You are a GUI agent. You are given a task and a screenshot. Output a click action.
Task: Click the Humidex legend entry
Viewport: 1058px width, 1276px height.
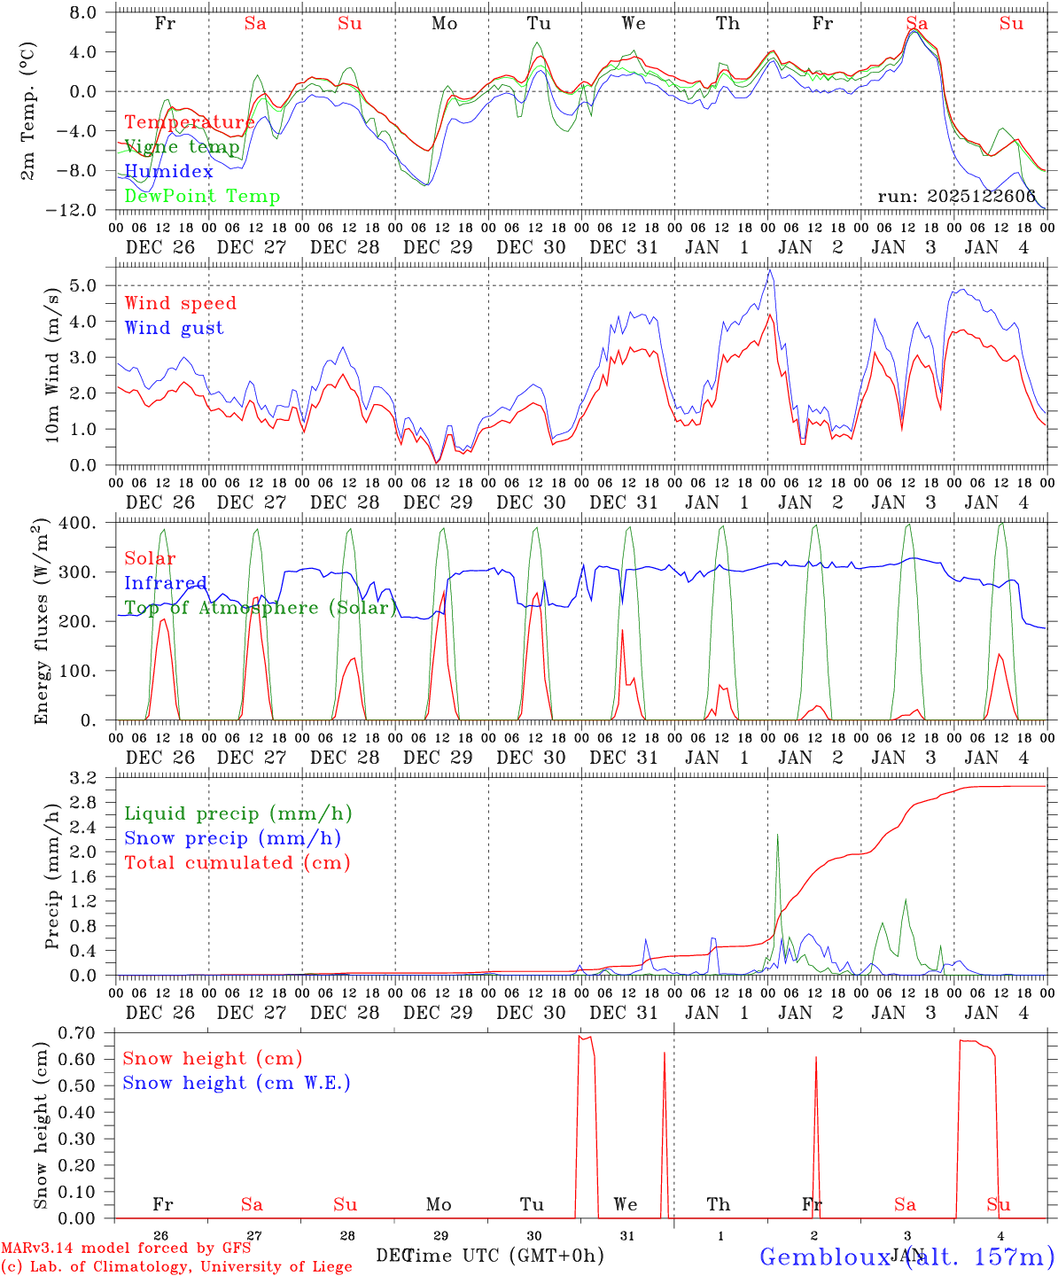click(x=168, y=172)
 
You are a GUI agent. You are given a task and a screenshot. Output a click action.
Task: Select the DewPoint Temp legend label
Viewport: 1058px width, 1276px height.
click(x=202, y=197)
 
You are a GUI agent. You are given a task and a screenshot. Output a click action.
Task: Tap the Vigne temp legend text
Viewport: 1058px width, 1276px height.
click(x=182, y=147)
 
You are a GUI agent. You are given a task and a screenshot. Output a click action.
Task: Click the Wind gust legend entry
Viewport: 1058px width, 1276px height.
click(x=174, y=328)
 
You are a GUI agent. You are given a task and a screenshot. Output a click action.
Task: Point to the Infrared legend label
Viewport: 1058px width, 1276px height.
click(x=166, y=583)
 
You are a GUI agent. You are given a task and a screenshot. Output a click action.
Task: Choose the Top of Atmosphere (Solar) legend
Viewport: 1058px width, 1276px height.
click(x=261, y=608)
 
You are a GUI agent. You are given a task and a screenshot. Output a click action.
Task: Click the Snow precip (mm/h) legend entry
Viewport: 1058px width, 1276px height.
click(x=232, y=838)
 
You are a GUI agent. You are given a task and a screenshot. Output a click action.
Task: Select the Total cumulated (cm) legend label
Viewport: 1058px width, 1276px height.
click(x=237, y=863)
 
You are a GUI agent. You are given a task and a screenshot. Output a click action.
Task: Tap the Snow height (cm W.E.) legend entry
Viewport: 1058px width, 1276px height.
click(x=237, y=1083)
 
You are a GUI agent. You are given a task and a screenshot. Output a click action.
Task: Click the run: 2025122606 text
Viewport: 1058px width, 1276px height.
click(x=956, y=197)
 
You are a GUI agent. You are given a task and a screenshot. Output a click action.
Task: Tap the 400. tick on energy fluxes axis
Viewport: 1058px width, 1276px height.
click(x=81, y=524)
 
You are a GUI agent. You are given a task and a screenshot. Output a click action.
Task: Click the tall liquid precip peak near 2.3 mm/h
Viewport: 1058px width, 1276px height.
click(x=777, y=835)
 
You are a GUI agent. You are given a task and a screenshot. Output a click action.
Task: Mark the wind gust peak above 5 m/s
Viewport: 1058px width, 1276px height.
click(x=770, y=271)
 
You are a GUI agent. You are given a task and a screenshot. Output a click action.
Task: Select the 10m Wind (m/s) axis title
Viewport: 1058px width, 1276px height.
click(x=53, y=364)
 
